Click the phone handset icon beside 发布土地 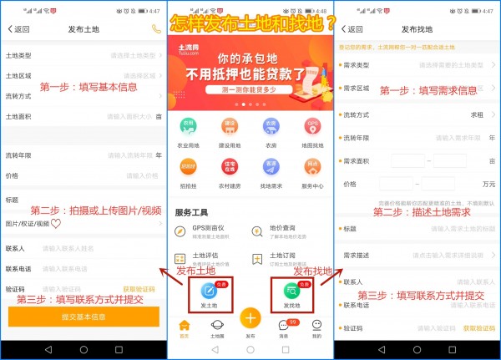[154, 29]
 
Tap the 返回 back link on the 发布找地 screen [350, 29]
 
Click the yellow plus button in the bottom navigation [250, 319]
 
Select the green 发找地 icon [292, 292]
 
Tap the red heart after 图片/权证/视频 [56, 224]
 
